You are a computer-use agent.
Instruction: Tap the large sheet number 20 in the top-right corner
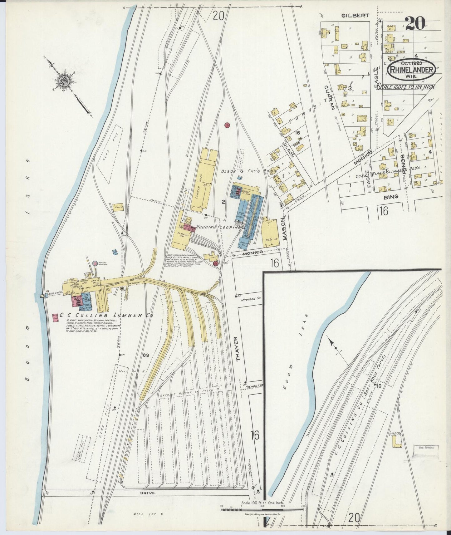[x=415, y=23]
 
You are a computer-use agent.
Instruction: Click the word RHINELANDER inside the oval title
[x=411, y=69]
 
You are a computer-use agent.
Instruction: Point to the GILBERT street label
[x=351, y=15]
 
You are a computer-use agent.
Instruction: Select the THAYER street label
[x=239, y=349]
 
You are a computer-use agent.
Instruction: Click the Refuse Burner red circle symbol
[x=95, y=264]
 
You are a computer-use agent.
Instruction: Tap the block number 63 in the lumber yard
[x=145, y=355]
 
